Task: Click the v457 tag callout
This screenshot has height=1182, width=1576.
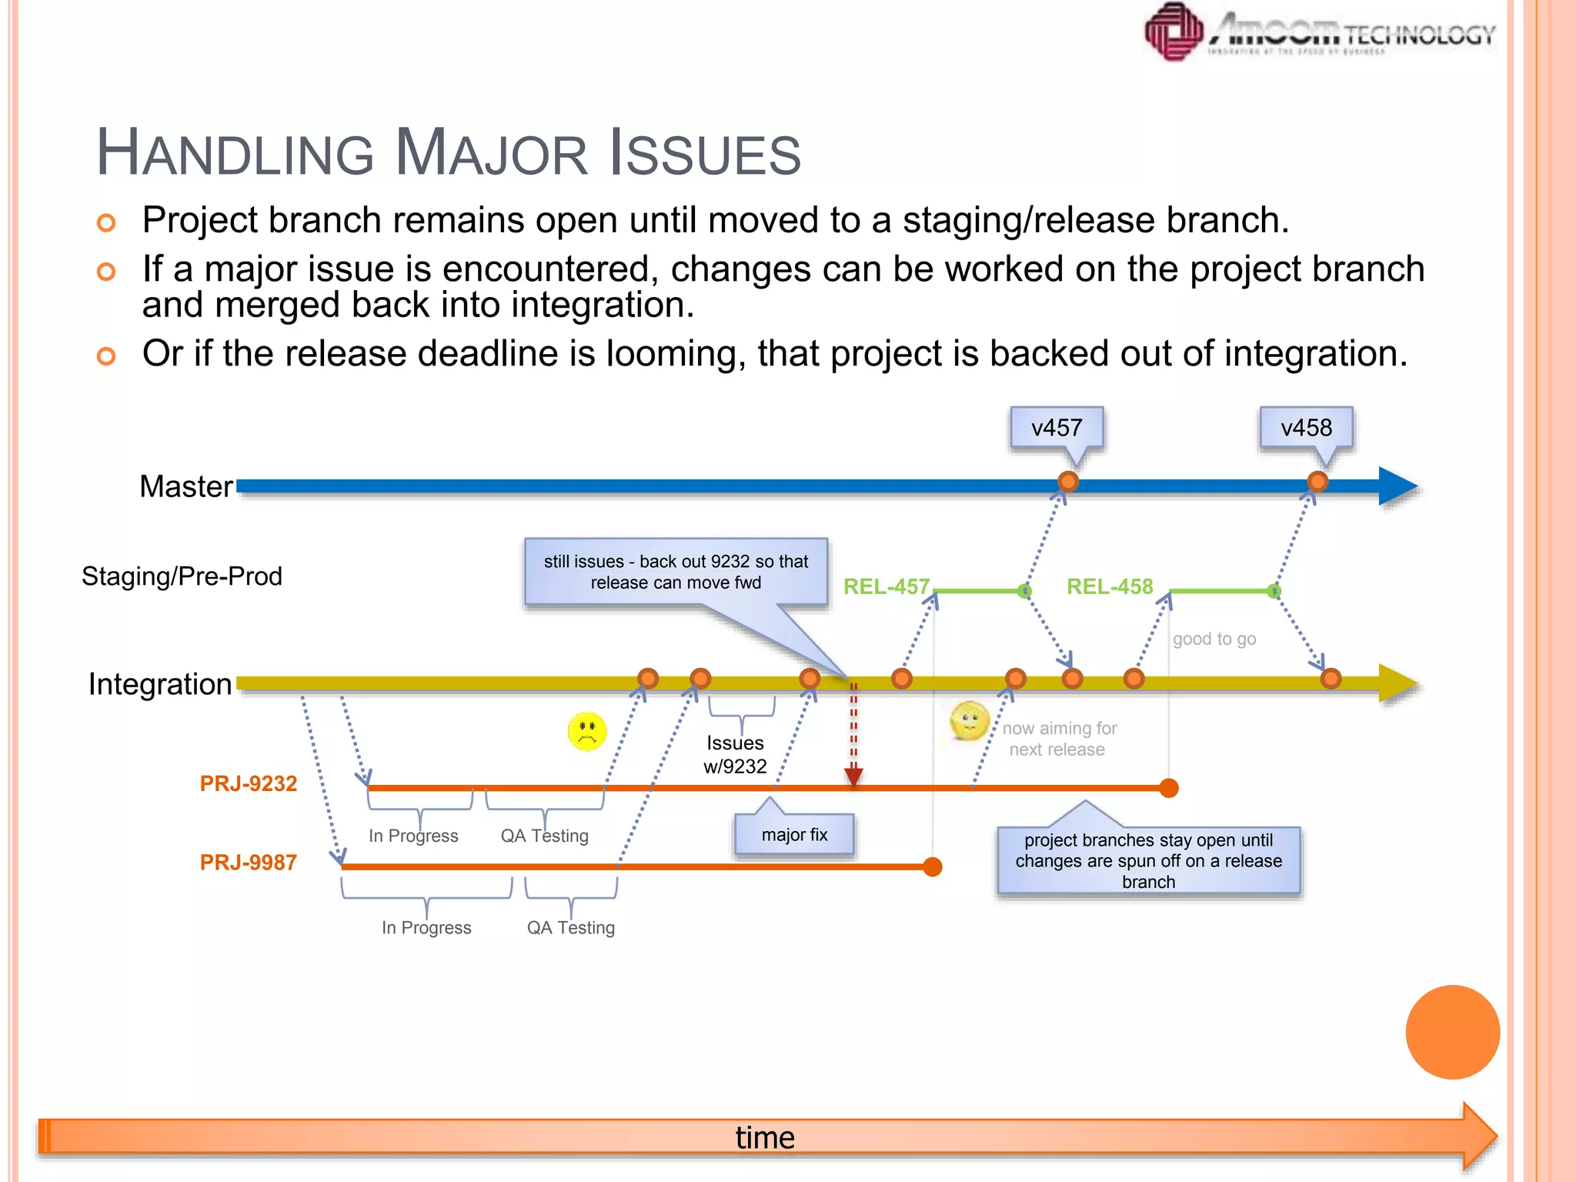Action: [1057, 428]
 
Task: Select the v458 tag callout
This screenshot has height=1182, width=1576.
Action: [1306, 428]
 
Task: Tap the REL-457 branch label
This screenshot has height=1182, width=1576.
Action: [886, 586]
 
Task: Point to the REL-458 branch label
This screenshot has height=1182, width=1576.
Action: [1109, 586]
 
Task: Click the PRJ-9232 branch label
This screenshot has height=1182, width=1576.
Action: [248, 783]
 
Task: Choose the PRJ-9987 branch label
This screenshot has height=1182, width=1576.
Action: [248, 863]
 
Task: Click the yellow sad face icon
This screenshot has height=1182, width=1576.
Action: [587, 731]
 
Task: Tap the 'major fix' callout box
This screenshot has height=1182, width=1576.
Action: [794, 835]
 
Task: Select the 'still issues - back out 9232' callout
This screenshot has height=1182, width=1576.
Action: [676, 572]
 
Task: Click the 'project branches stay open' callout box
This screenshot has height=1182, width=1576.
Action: [1148, 860]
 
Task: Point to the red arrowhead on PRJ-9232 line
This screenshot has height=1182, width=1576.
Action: [853, 776]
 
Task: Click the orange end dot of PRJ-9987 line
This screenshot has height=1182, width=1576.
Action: [933, 867]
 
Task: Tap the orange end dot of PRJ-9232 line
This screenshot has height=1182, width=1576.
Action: [1169, 788]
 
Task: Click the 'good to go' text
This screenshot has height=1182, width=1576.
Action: [1214, 639]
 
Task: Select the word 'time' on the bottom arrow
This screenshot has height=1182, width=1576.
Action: [765, 1137]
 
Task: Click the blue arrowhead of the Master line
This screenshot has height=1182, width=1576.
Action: [1397, 486]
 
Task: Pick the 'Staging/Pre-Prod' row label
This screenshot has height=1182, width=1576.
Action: [182, 576]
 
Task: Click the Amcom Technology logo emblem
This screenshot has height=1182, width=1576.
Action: [1174, 32]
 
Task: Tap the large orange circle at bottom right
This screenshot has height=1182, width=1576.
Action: [1452, 1032]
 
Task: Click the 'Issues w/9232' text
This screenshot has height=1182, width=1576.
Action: [735, 754]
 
